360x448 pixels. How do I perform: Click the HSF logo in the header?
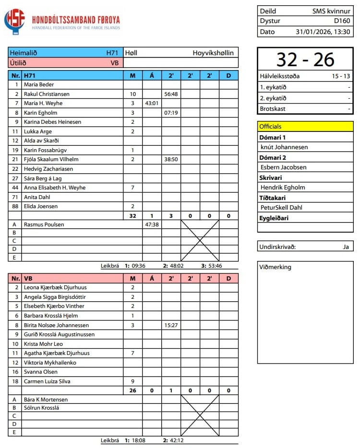click(x=14, y=22)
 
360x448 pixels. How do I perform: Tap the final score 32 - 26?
click(x=305, y=59)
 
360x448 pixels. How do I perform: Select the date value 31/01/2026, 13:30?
click(x=323, y=32)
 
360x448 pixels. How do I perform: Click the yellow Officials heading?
click(x=270, y=127)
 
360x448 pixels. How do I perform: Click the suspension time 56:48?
click(x=171, y=94)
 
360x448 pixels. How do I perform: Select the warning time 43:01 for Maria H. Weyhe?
click(x=152, y=103)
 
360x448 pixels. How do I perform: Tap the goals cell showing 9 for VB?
click(x=132, y=381)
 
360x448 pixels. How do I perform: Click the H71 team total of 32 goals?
click(x=132, y=216)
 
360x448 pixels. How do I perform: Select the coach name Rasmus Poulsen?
click(x=44, y=224)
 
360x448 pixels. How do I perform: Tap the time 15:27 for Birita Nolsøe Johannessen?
click(x=171, y=325)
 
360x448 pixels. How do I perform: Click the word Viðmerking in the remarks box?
click(x=275, y=267)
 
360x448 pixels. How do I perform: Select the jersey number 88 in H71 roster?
click(x=16, y=206)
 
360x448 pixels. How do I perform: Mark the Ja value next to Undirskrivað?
click(x=346, y=247)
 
